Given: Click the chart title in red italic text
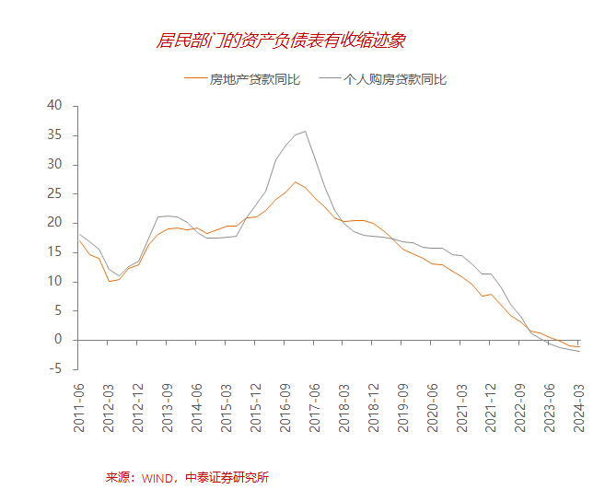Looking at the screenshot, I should point(282,41).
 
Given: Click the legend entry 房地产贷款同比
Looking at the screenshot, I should point(255,79).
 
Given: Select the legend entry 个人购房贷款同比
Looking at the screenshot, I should point(394,79).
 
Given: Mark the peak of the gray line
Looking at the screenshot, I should point(306,131).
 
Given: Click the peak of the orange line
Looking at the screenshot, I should point(296,181).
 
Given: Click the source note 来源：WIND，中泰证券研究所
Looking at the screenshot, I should point(187,477).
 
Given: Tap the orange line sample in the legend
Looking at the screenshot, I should point(195,79).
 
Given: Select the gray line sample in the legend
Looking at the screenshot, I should point(329,79).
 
